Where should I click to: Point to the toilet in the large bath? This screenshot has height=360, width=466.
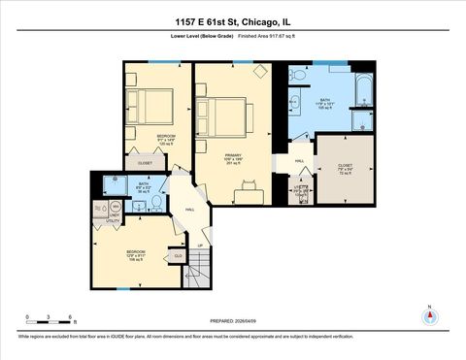[300, 76]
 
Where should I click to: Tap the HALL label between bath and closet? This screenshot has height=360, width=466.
[299, 161]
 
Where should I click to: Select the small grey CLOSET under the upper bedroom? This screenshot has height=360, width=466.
[145, 163]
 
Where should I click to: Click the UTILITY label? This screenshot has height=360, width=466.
[113, 221]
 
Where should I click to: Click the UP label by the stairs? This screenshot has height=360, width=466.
[199, 245]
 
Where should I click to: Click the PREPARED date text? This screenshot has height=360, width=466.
[232, 320]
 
